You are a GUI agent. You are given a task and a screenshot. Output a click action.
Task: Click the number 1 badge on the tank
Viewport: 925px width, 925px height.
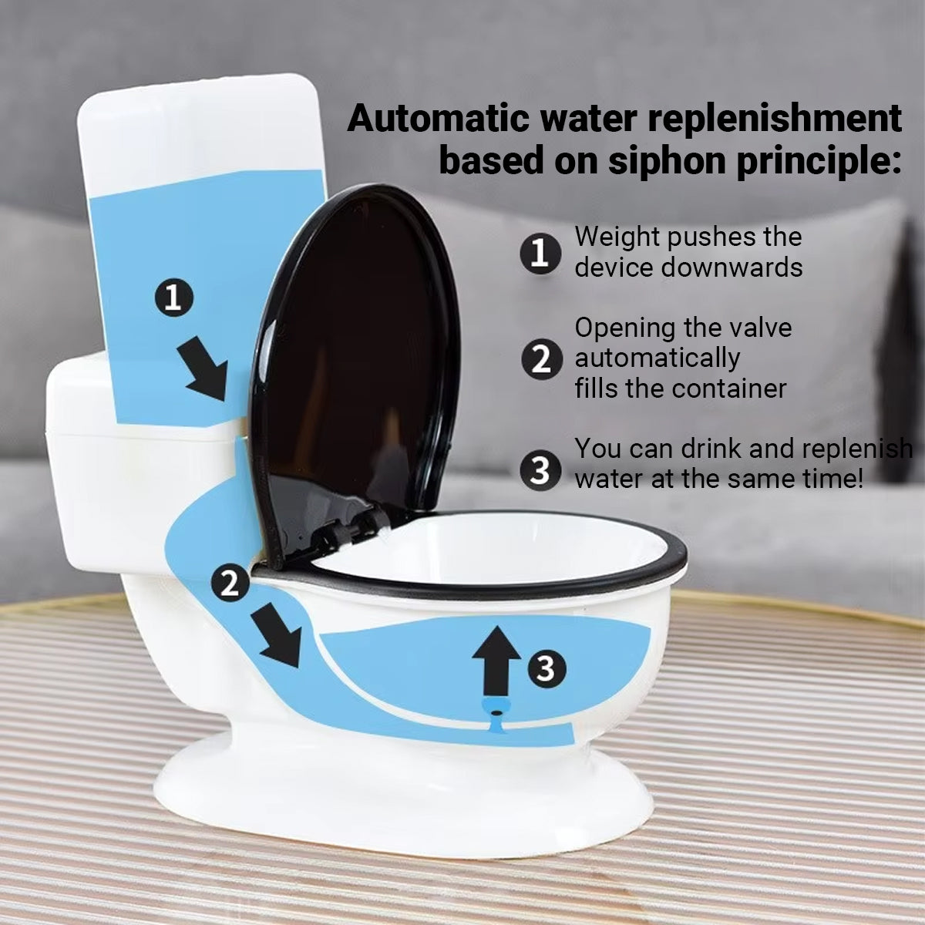[173, 297]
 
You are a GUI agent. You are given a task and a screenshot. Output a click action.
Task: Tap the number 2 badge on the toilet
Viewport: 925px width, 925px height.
[230, 582]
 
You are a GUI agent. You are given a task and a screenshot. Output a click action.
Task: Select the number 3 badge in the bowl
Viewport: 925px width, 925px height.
[547, 668]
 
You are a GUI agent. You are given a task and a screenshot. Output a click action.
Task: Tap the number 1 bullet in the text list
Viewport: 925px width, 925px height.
[540, 253]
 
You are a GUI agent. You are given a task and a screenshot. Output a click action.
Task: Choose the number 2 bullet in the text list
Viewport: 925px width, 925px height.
[541, 358]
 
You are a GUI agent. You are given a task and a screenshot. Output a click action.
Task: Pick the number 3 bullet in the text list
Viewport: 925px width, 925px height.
[540, 470]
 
